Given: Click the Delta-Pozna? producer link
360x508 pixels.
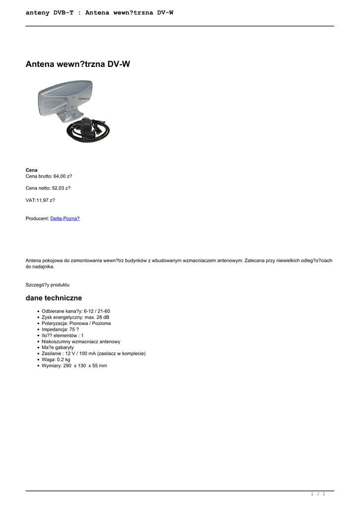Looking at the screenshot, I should coord(65,218).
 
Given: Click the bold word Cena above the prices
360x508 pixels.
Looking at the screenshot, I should coord(31,170).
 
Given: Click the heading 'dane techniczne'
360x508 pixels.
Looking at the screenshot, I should coord(54,298).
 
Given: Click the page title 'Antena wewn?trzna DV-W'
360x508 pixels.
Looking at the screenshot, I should coord(78,64).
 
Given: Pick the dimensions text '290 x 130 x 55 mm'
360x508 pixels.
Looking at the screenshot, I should coord(85,366).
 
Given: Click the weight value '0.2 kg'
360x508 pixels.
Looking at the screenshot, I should coord(63,360).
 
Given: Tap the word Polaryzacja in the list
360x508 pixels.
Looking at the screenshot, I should coord(55,323).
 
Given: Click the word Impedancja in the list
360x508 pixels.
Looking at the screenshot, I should coord(55,329).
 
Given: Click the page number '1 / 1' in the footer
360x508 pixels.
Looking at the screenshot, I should coord(318,494).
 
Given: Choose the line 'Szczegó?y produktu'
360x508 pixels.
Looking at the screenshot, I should coord(48,285).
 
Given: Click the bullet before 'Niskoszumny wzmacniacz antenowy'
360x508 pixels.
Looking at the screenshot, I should coord(38,341).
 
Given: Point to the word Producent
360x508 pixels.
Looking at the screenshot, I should coord(37,218).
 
